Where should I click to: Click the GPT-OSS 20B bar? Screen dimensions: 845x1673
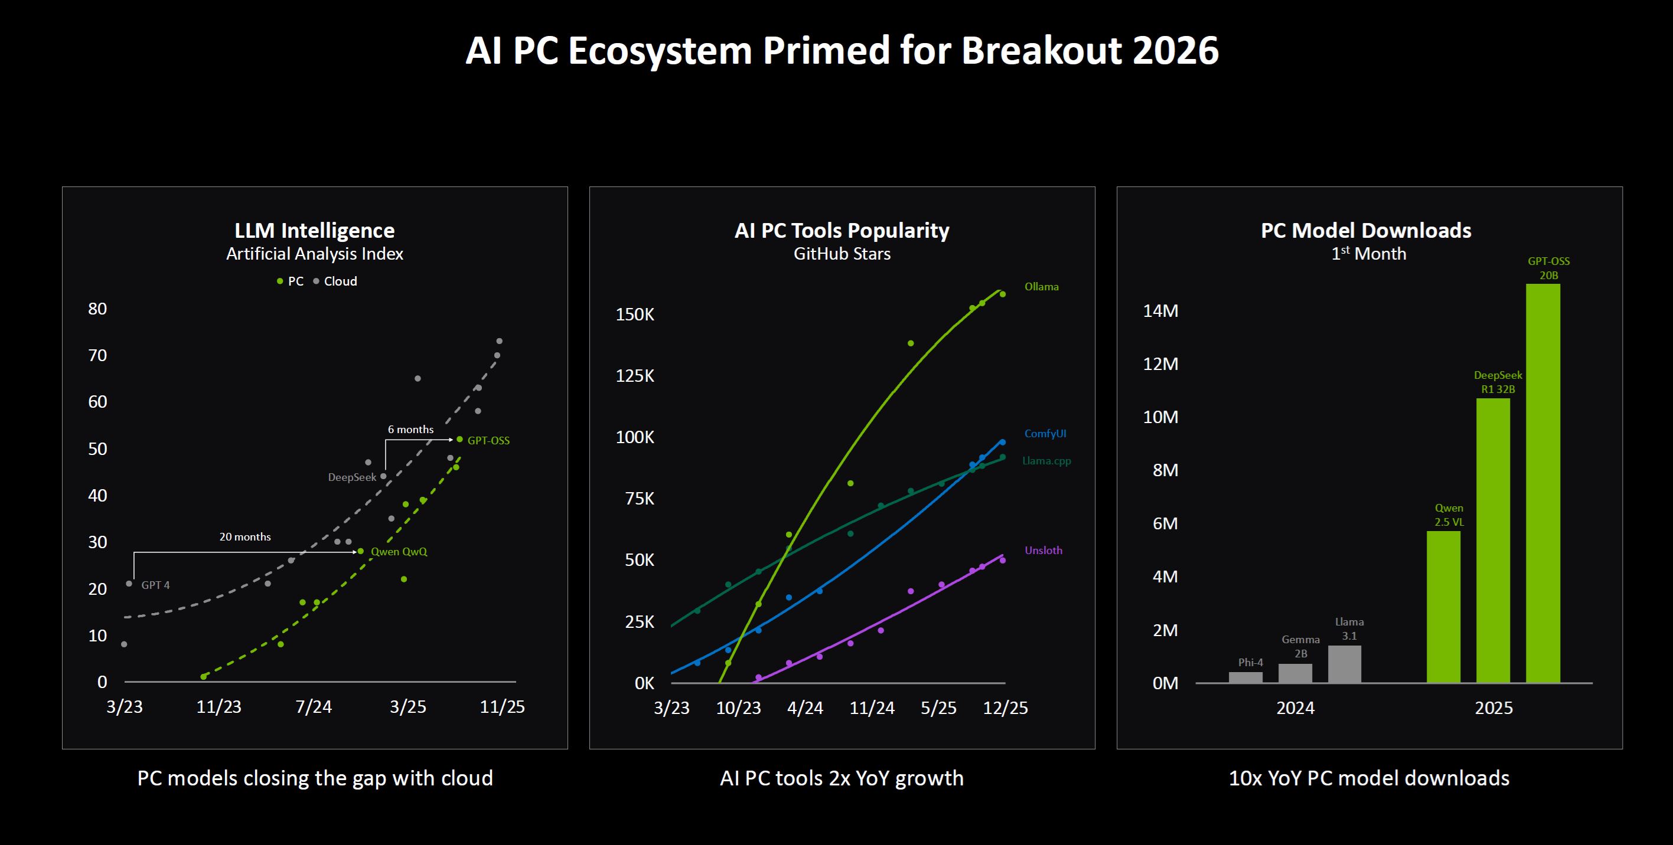coord(1542,483)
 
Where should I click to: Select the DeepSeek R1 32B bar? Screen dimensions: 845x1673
coord(1492,540)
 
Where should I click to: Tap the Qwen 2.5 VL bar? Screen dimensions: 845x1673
coord(1443,606)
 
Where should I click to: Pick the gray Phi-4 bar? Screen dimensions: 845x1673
coord(1245,677)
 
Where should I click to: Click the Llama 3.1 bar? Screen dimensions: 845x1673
coord(1345,663)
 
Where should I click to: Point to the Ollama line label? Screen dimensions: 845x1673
coord(1041,287)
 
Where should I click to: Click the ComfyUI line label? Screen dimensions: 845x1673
coord(1045,434)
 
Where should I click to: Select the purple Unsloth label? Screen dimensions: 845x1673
coord(1043,551)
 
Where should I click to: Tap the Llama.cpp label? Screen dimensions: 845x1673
coord(1046,461)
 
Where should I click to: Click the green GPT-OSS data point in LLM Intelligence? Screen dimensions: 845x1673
coord(460,440)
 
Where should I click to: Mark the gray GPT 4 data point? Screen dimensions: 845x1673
coord(129,584)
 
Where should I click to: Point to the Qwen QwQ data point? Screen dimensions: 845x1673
coord(360,551)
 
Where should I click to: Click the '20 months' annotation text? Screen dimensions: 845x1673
coord(245,537)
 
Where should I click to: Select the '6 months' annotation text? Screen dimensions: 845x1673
coord(410,430)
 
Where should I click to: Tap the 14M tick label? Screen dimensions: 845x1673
coord(1160,311)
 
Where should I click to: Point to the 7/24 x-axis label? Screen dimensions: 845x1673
coord(314,707)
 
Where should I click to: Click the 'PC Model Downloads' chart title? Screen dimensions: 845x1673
coord(1366,230)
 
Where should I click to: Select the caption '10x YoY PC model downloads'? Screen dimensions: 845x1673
coord(1368,778)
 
